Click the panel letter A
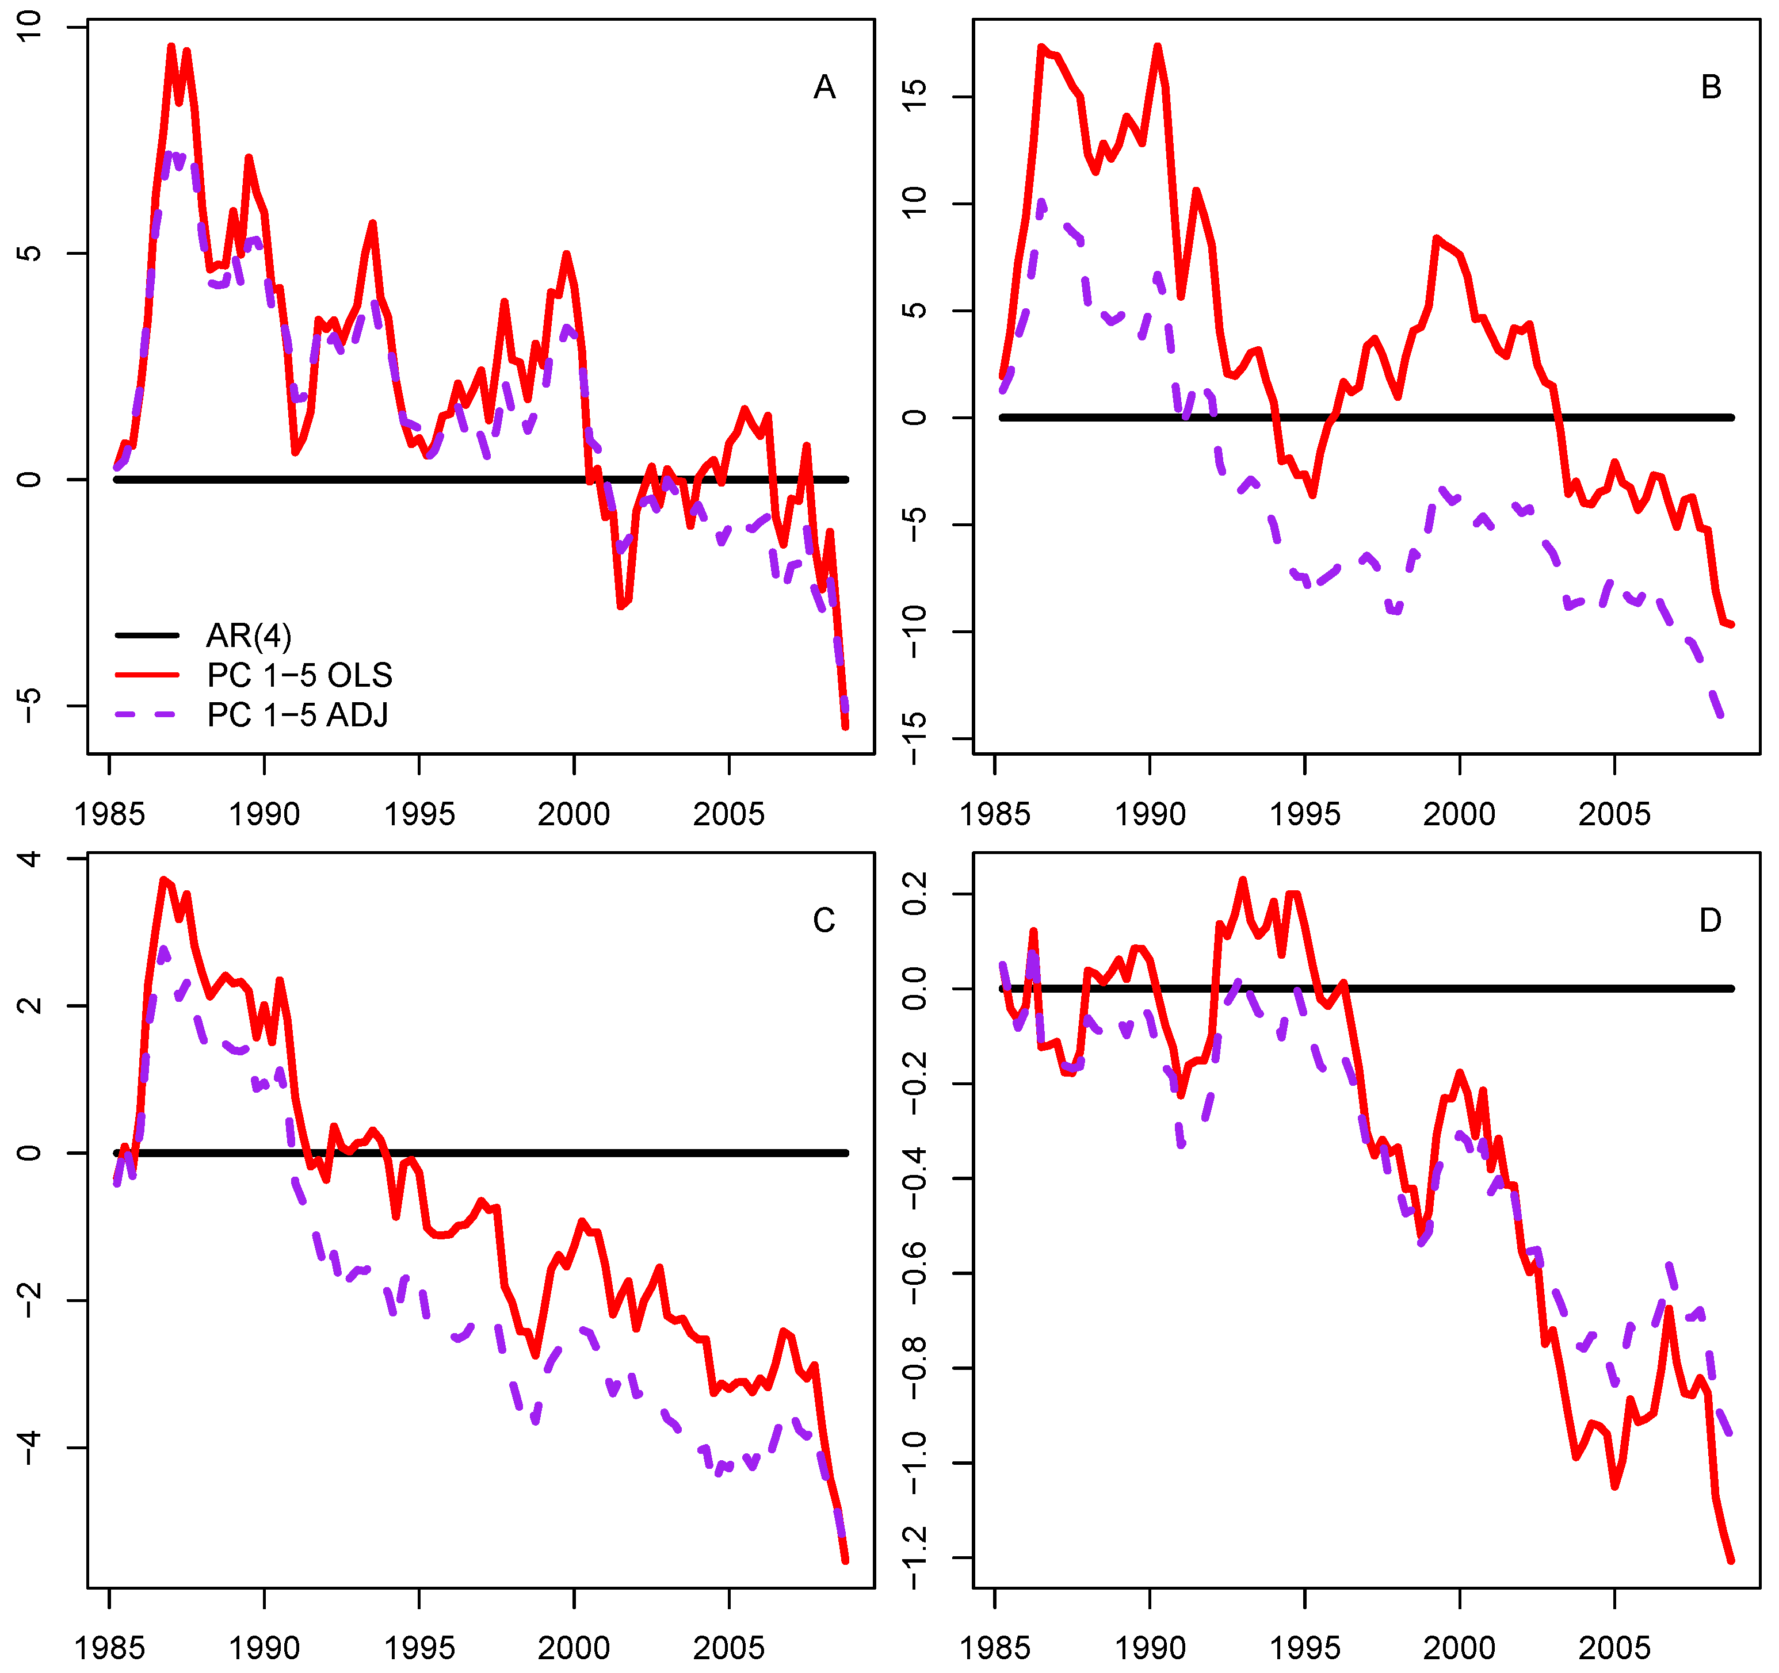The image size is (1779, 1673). (x=824, y=87)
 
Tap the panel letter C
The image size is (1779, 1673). (x=823, y=921)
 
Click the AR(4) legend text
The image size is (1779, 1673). (x=249, y=636)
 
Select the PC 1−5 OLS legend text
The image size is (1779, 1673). (x=299, y=675)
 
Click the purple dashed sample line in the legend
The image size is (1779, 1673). (x=148, y=715)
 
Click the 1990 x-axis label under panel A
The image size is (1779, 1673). (x=264, y=814)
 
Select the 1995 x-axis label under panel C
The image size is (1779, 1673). (x=419, y=1647)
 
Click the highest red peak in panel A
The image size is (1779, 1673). (x=170, y=47)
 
